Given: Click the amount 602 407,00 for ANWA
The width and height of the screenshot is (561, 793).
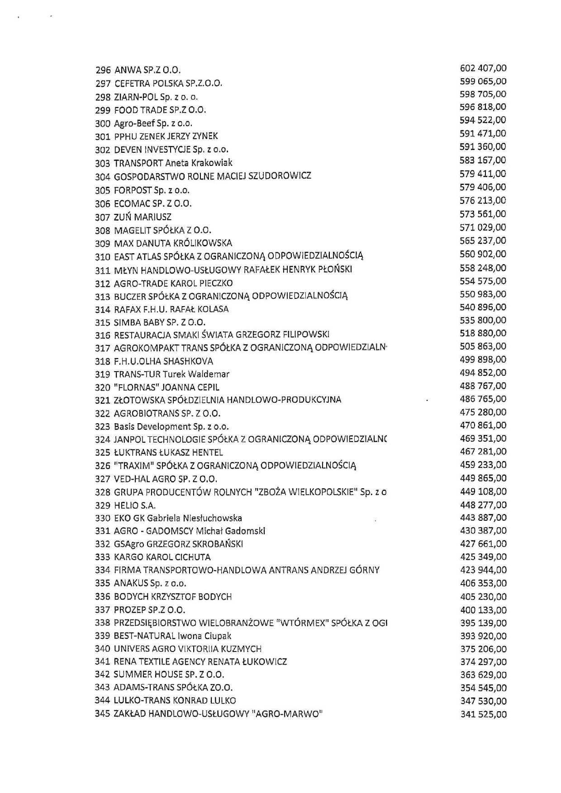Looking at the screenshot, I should tap(483, 68).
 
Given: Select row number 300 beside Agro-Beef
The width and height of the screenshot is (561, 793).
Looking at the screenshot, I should tap(103, 123).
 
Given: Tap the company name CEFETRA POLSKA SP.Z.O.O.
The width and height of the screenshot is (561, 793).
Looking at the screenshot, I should tap(168, 84).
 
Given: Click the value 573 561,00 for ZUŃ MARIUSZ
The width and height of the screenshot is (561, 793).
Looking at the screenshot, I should tap(483, 214).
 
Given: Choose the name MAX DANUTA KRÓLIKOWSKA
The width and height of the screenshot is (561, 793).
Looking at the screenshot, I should tap(173, 243).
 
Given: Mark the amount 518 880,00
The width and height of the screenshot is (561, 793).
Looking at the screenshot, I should tap(483, 333).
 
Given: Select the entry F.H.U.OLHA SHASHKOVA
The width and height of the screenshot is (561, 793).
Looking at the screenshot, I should tap(163, 361).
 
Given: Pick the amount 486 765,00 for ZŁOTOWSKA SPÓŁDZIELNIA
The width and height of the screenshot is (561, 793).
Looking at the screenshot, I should tap(483, 399).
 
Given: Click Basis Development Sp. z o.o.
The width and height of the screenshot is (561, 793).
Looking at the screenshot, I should tap(171, 427).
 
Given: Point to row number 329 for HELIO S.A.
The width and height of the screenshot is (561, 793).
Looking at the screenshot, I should tap(103, 505).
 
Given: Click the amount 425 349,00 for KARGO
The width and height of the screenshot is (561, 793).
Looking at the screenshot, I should tap(483, 557).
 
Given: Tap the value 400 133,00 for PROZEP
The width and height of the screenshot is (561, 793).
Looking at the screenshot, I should tap(483, 610).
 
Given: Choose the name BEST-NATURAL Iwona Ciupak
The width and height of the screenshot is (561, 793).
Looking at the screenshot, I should tap(172, 636).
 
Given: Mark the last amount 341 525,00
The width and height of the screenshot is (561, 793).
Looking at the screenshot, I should tap(483, 715).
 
